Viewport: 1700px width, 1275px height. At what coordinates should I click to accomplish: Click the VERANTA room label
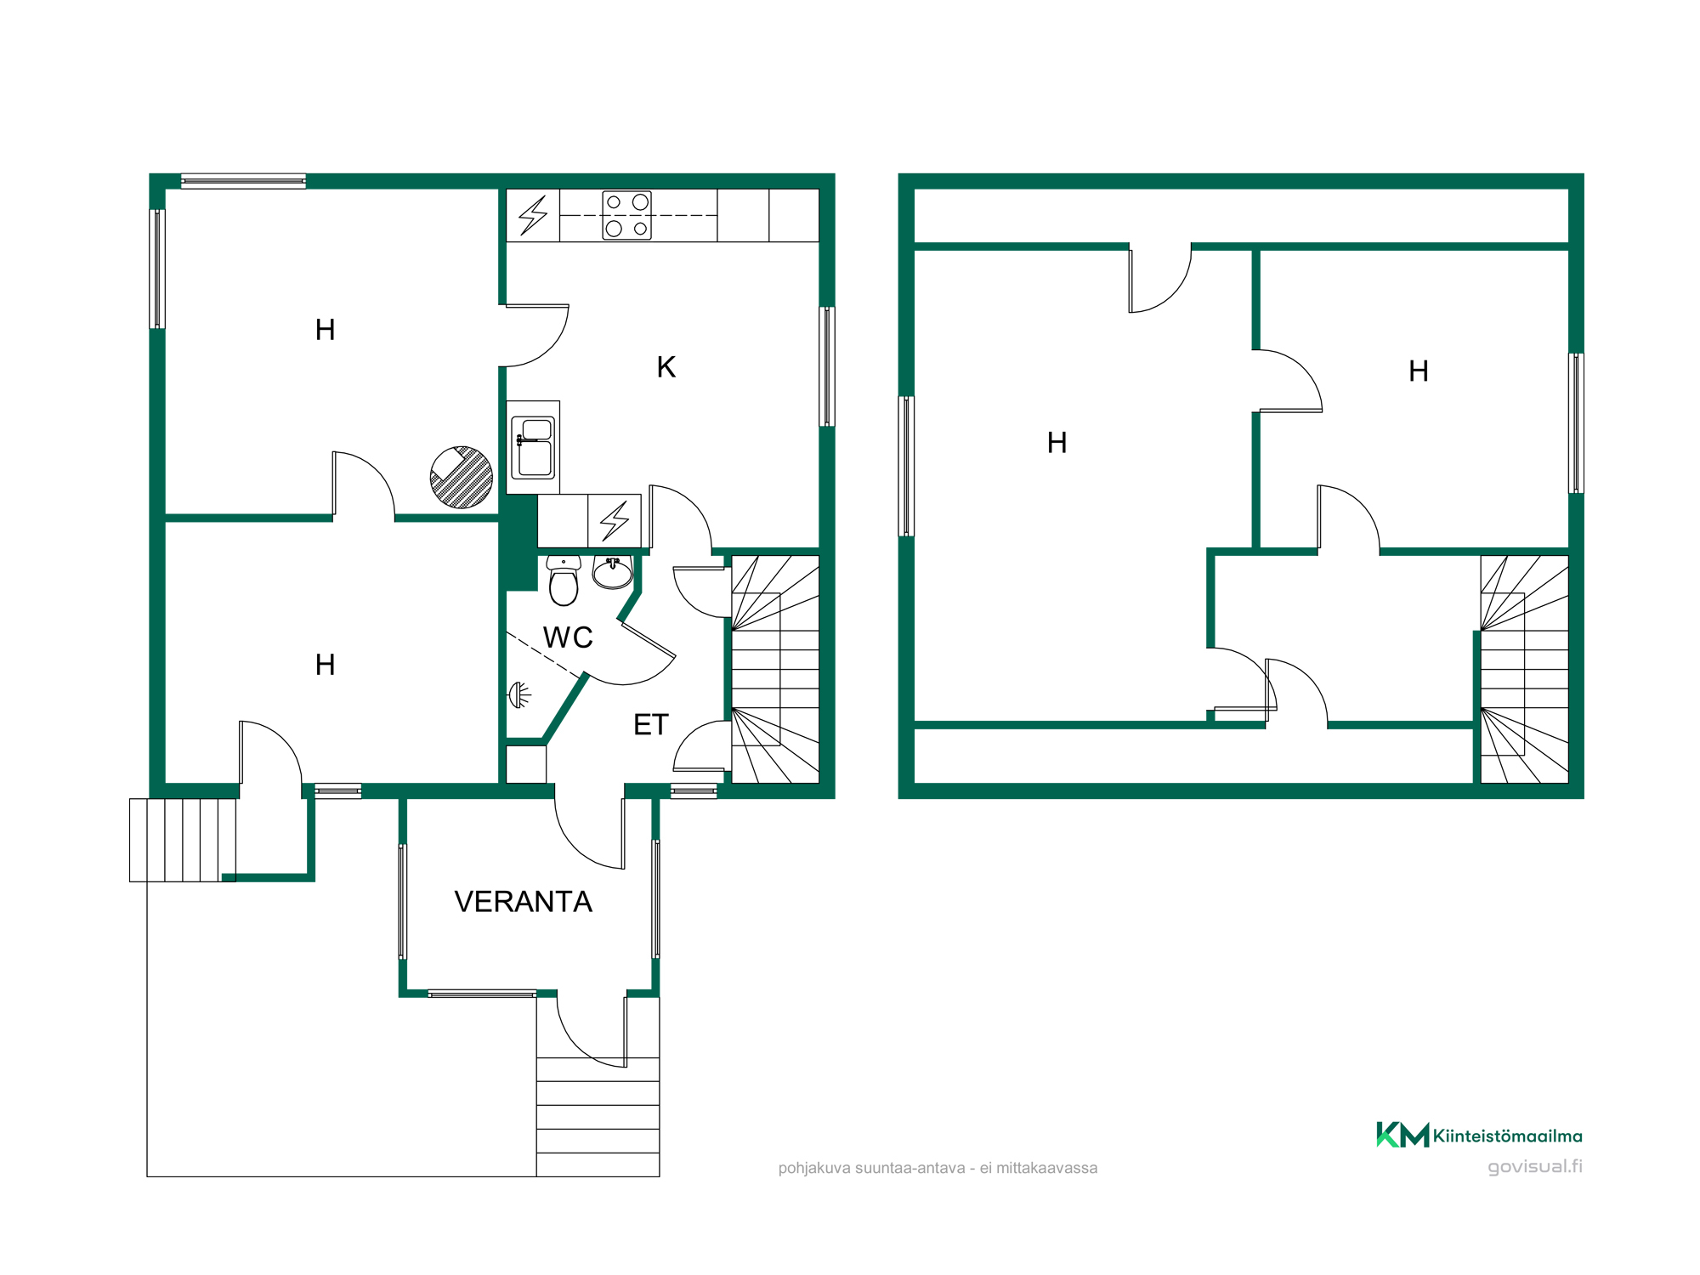[x=523, y=902]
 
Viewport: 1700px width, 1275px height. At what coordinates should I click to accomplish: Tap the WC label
[x=568, y=637]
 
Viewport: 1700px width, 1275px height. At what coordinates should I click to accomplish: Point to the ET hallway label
[x=651, y=725]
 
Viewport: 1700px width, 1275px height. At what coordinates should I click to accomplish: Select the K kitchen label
[x=666, y=367]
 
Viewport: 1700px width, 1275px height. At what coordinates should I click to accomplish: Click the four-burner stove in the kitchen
[x=626, y=215]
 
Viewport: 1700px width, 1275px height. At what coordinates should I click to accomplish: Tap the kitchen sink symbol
[x=533, y=447]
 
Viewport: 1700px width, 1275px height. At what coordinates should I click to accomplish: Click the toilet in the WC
[x=564, y=580]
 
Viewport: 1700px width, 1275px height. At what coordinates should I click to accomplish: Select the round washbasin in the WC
[x=613, y=572]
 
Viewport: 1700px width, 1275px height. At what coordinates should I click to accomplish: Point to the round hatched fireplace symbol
[x=462, y=478]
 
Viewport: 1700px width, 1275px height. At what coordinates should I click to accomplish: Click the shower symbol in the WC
[x=519, y=695]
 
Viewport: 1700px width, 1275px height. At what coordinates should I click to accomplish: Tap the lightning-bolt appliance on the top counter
[x=533, y=215]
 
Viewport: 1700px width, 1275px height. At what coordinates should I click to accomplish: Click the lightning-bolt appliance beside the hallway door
[x=615, y=521]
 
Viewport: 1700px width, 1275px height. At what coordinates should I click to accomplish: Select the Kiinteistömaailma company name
[x=1507, y=1136]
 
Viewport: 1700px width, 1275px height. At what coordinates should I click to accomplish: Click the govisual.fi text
[x=1535, y=1166]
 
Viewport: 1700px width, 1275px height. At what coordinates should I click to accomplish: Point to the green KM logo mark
[x=1402, y=1135]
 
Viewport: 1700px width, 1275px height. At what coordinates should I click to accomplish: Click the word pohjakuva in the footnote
[x=814, y=1169]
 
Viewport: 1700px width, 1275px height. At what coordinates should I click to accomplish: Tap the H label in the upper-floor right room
[x=1418, y=371]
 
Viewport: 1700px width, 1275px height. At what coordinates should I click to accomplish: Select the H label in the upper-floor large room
[x=1057, y=443]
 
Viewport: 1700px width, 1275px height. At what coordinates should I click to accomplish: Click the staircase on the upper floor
[x=1524, y=669]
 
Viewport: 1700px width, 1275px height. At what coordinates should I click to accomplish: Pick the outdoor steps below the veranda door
[x=598, y=1117]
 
